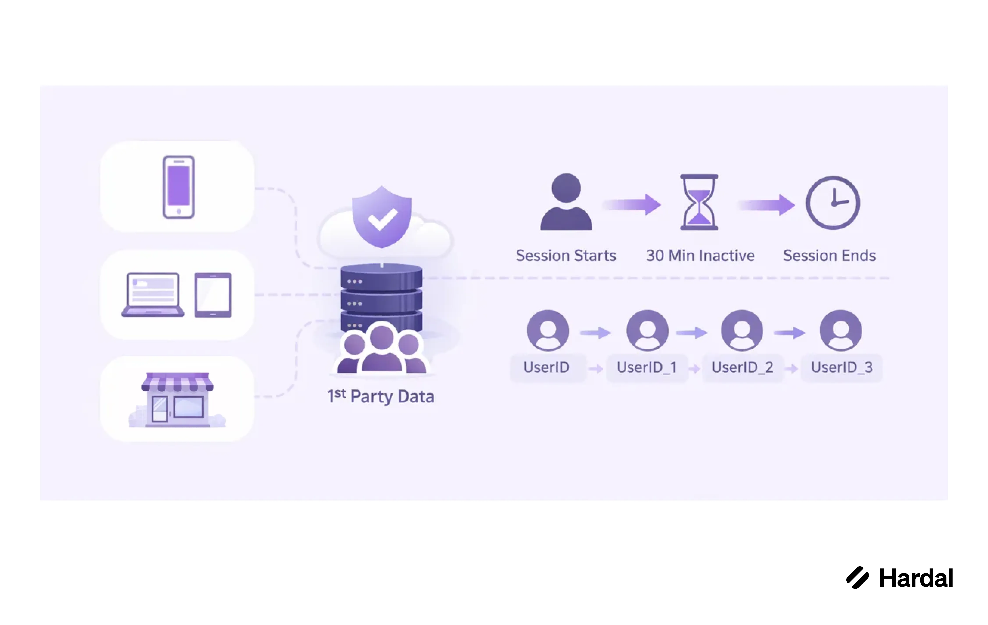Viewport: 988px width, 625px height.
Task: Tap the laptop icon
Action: [153, 295]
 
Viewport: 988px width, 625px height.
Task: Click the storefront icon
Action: [177, 400]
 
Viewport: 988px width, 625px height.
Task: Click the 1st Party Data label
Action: [380, 396]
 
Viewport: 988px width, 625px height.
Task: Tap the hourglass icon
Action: [699, 202]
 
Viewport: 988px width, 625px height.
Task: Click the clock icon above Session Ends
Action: [833, 203]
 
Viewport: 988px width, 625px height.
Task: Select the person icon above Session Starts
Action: [566, 202]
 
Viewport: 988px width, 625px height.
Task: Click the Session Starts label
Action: [566, 256]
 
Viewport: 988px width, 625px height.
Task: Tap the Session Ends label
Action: [829, 256]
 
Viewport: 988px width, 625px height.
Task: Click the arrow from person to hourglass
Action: [632, 204]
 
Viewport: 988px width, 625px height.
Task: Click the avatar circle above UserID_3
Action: [841, 330]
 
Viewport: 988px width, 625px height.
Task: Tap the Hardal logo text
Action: [916, 578]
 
